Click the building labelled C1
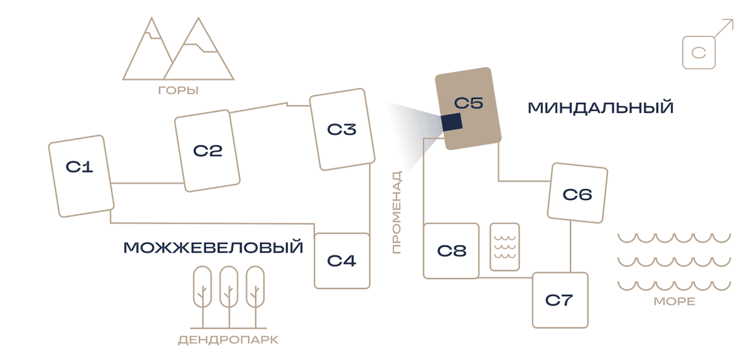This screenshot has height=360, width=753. (81, 176)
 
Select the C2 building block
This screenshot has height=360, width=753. (207, 151)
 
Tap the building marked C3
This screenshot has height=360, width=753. (342, 129)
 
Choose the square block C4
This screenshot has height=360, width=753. (342, 261)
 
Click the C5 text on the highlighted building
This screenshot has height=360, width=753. (468, 103)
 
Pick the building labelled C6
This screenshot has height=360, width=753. (577, 193)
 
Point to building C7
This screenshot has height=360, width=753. (560, 300)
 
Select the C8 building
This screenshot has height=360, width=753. (451, 251)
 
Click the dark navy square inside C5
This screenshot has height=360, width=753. (452, 122)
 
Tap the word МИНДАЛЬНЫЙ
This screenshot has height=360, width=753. (601, 108)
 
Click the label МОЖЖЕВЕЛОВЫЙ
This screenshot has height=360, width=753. (213, 248)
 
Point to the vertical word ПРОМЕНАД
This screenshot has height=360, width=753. (397, 212)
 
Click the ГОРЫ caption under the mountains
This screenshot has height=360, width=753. (178, 90)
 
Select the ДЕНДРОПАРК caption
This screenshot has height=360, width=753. (228, 340)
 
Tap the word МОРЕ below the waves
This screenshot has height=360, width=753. (675, 302)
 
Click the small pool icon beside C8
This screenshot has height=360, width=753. (505, 246)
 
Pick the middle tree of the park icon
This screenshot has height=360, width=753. (229, 297)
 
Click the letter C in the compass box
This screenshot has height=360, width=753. (698, 53)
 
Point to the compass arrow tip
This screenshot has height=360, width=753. (733, 20)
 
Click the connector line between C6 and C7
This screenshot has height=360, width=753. (570, 246)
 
